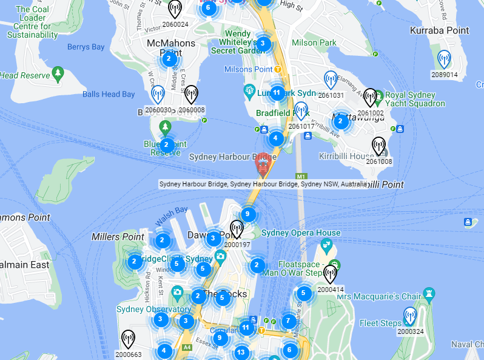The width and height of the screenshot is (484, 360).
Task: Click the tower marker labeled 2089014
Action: pyautogui.click(x=444, y=59)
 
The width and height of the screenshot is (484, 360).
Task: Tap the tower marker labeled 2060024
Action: pyautogui.click(x=175, y=9)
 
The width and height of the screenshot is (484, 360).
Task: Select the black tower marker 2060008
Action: pyautogui.click(x=191, y=94)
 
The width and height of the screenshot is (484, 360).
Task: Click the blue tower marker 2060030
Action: pyautogui.click(x=158, y=94)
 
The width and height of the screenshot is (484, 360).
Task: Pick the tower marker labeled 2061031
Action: pyautogui.click(x=331, y=80)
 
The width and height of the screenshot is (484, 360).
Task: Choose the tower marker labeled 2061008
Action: pyautogui.click(x=378, y=146)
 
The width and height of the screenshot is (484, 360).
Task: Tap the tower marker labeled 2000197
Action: pyautogui.click(x=237, y=229)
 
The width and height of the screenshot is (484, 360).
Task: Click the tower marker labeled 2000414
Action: pyautogui.click(x=330, y=274)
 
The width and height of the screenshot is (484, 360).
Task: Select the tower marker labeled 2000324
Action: pyautogui.click(x=411, y=316)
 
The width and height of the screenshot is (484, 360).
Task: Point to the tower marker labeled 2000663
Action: pyautogui.click(x=128, y=339)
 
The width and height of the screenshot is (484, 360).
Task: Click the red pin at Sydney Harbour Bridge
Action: pyautogui.click(x=263, y=165)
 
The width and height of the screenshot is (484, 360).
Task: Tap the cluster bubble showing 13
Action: pyautogui.click(x=241, y=352)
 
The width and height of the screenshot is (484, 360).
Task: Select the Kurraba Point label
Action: pyautogui.click(x=439, y=30)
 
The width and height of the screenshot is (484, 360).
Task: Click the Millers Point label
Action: pyautogui.click(x=118, y=236)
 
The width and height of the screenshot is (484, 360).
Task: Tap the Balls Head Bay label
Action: pyautogui.click(x=109, y=94)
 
